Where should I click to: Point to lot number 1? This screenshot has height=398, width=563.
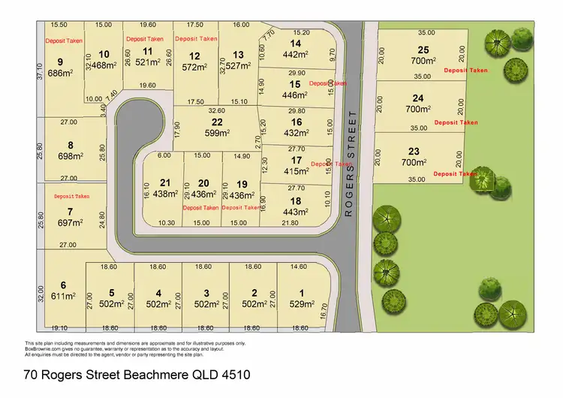[x=302, y=292]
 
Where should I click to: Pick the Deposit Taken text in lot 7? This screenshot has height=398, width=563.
[x=71, y=196]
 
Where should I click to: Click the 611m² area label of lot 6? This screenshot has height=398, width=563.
[x=64, y=296]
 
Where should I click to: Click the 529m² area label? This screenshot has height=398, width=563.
[x=302, y=303]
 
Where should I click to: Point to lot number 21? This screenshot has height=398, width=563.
[x=165, y=182]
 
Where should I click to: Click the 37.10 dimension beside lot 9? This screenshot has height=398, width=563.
[x=39, y=71]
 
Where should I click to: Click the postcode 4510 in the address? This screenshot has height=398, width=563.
[x=234, y=374]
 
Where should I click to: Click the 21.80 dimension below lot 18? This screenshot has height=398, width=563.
[x=289, y=223]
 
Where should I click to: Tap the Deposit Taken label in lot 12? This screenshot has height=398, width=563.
[x=196, y=38]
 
